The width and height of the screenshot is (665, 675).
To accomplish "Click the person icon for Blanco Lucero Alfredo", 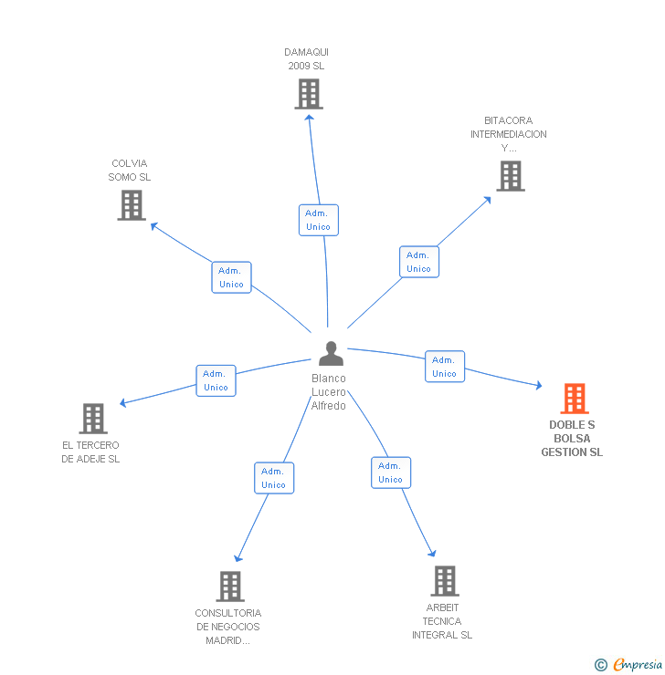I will coord(331,354).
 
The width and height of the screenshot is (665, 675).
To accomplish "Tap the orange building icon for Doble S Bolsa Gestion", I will coord(574,399).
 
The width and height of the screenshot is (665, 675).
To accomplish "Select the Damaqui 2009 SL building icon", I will coord(309,94).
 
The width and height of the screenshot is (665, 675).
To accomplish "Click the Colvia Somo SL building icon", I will coord(132,205).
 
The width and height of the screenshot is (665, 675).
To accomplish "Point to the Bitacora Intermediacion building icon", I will coord(510,176).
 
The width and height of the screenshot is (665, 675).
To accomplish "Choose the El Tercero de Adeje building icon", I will coord(93,419).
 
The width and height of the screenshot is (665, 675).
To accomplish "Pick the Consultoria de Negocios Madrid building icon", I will coord(230,586).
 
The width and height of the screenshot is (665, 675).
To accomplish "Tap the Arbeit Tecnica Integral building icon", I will coord(444,580).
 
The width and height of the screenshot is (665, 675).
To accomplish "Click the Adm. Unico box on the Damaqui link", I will coord(318,220).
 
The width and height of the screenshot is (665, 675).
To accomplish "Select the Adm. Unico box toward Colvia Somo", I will coord(231,277).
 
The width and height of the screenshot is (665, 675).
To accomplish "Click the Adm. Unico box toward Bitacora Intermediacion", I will coord(418,262).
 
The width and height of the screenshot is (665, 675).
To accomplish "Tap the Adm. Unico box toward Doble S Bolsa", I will coord(444,367).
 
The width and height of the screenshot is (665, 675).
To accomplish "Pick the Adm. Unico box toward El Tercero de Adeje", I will coord(216,380).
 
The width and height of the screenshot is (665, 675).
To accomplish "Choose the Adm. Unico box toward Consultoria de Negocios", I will coord(273,478).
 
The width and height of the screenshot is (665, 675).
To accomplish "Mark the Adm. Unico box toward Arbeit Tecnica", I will coord(390,472).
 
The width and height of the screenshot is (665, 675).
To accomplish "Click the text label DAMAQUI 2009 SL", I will coord(306,59).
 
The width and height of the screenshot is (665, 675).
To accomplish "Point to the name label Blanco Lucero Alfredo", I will coord(329,392).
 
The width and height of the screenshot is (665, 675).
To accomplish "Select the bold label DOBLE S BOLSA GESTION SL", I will coord(572,439).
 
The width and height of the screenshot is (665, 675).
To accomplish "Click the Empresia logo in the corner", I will coord(629,665).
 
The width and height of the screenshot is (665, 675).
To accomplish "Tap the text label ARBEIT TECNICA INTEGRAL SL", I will coord(442,621).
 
